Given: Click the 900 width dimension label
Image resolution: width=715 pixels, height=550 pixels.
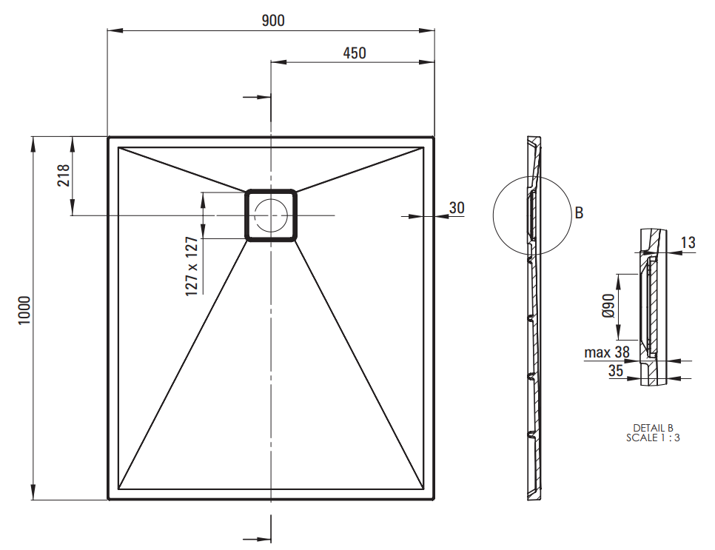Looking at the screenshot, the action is [273, 21].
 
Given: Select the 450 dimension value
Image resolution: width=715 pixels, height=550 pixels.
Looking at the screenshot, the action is [355, 53].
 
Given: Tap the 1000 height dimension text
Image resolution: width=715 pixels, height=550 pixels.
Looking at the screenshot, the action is [24, 311].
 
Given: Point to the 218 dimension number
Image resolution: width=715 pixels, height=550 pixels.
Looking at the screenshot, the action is [64, 175].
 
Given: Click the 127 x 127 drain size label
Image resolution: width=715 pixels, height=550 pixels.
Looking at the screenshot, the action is [192, 266].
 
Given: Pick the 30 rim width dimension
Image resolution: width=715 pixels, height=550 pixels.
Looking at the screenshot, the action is [457, 208].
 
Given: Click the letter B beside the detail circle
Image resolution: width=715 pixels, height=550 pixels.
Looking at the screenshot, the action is [579, 212].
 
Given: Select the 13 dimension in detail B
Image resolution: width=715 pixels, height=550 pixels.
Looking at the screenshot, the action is [688, 242].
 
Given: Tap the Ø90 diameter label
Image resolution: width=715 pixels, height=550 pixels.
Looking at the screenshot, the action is [608, 306].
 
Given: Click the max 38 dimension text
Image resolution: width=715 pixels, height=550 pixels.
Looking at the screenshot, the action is [607, 352].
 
